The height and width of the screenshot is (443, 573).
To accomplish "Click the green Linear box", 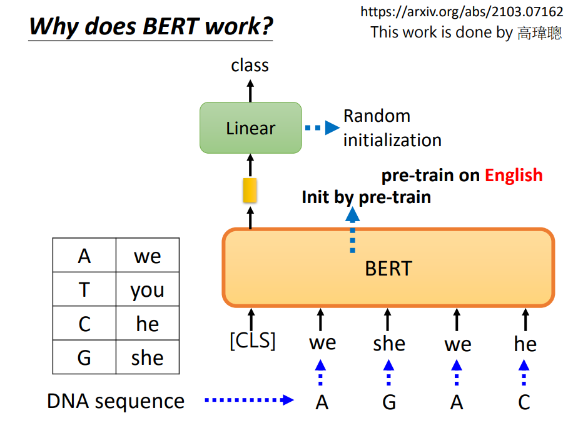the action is tap(251, 127).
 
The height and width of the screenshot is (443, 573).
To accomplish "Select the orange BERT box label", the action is tap(388, 269).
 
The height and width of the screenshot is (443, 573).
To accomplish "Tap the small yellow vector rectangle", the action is tap(250, 190).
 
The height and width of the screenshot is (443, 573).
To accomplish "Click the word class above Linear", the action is tap(250, 66).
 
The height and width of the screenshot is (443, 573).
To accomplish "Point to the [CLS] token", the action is tap(253, 341).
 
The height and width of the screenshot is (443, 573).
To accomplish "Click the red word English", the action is tap(514, 176).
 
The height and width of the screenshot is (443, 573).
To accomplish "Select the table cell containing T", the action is tap(84, 289).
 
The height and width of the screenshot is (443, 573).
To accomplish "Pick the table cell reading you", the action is tap(148, 289).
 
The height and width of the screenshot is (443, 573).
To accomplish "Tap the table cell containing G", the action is tap(84, 357).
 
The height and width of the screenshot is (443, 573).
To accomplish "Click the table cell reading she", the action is tap(148, 357).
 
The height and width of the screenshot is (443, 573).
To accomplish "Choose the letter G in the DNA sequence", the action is tap(389, 402).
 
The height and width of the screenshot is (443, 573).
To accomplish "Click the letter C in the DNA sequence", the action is tap(524, 402).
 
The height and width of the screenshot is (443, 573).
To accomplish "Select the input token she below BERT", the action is tap(389, 344).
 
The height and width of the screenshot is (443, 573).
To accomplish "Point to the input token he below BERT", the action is tap(525, 344).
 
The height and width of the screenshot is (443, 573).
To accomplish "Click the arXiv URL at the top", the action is tap(462, 12).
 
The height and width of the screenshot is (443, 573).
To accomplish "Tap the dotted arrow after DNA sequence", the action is tap(249, 400).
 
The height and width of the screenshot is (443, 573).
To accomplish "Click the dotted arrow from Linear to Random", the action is tap(322, 127).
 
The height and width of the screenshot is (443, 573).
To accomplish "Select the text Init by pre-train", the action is tap(366, 197).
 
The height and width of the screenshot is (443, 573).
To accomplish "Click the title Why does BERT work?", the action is tap(151, 26).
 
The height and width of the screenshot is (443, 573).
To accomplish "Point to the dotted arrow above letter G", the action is tap(388, 372).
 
